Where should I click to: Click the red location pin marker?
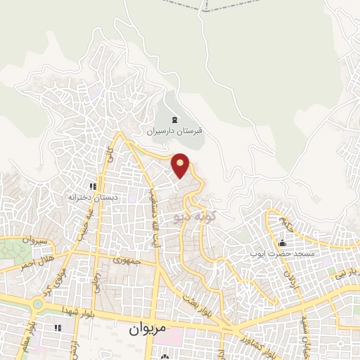(x=181, y=166)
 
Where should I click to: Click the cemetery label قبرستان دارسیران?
(x=174, y=131)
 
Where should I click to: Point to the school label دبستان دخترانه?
(x=90, y=198)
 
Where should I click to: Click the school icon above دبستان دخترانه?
(x=91, y=186)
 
